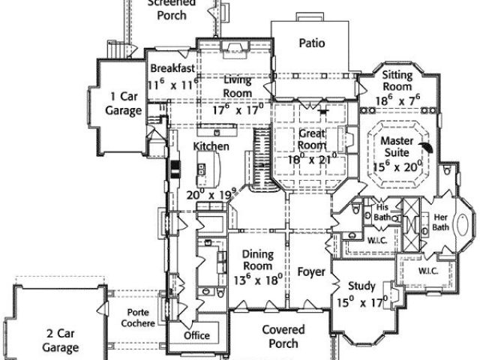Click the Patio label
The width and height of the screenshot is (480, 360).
pos(311,43)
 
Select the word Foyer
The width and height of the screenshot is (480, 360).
pos(310,271)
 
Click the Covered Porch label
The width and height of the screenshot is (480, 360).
pos(283,337)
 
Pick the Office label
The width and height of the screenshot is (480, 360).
pos(197,334)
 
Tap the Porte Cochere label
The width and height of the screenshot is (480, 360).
pos(140,318)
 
